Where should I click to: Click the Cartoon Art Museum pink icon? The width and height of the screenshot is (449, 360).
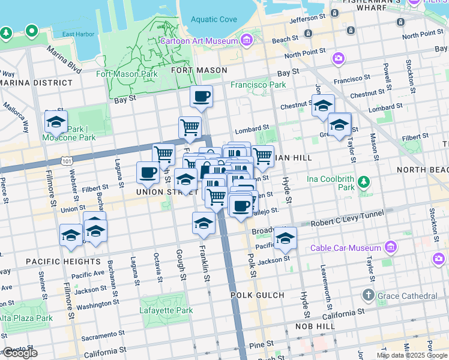[x=246, y=40]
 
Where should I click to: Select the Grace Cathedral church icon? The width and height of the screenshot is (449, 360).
[x=368, y=295]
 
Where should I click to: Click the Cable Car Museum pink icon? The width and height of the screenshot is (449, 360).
[x=391, y=247]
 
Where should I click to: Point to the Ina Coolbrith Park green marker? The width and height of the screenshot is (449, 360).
[x=363, y=181]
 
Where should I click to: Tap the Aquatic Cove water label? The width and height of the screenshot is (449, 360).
[x=214, y=19]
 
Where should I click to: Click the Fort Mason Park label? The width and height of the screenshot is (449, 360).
[x=127, y=74]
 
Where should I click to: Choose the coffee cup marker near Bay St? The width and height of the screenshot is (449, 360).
[x=201, y=96]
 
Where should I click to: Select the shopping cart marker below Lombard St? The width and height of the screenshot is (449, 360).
[x=190, y=127]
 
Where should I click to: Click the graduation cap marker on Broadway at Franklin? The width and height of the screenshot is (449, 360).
[x=203, y=223]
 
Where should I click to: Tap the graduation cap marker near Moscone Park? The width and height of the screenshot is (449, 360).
[x=56, y=122]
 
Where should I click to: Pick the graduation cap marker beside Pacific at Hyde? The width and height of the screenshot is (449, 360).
[x=286, y=238]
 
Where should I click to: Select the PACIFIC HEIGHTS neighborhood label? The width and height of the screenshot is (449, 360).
[x=63, y=262]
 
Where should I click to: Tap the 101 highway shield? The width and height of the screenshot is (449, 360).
[x=66, y=161]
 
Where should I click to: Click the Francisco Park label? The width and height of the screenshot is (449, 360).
[x=258, y=85]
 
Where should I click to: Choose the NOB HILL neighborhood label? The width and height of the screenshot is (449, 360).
[x=315, y=326]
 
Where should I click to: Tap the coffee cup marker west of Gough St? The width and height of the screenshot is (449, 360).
[x=148, y=173]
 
